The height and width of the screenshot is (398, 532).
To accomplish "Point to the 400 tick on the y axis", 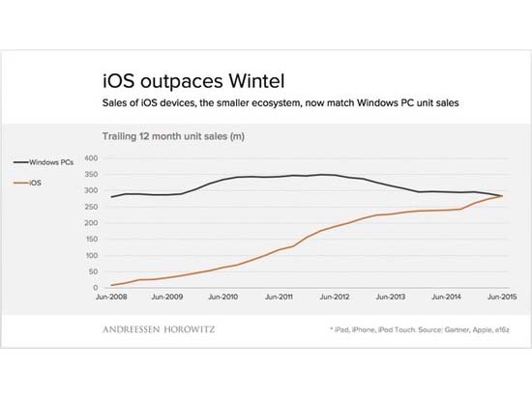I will pyautogui.click(x=92, y=157).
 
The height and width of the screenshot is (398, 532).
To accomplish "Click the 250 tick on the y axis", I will pyautogui.click(x=92, y=207).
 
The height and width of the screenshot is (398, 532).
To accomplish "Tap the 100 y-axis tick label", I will pyautogui.click(x=92, y=255).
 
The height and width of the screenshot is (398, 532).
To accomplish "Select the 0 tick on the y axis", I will pyautogui.click(x=97, y=288).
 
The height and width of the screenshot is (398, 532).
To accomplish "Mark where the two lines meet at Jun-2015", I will pyautogui.click(x=502, y=196).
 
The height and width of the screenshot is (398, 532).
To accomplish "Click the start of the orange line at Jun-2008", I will pyautogui.click(x=113, y=285).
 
